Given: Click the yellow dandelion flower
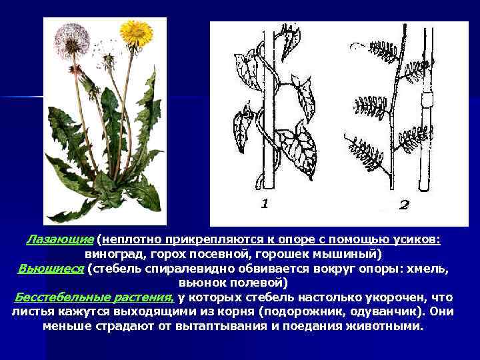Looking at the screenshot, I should [x=137, y=33].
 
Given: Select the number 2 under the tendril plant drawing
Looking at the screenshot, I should [x=403, y=205].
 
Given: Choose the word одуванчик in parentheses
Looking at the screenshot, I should [x=389, y=312].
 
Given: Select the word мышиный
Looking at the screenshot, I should [x=351, y=254].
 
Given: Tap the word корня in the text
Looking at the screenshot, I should [x=225, y=312].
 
